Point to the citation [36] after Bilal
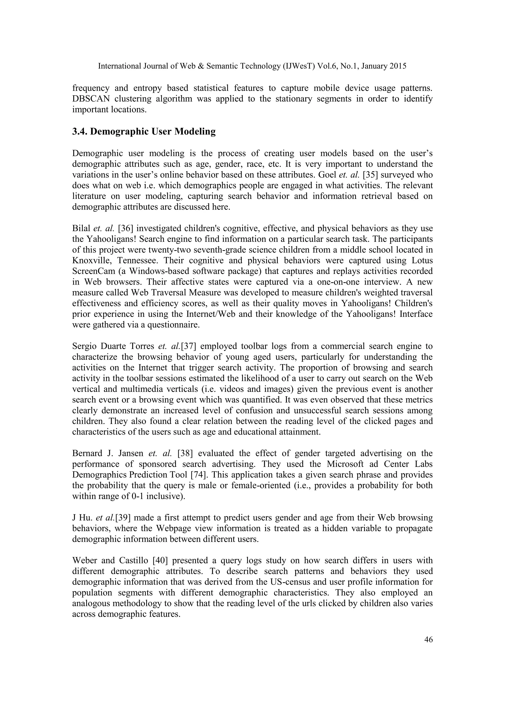(x=126, y=228)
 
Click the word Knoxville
(x=91, y=260)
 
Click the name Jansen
(x=131, y=454)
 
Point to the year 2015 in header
(x=398, y=66)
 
